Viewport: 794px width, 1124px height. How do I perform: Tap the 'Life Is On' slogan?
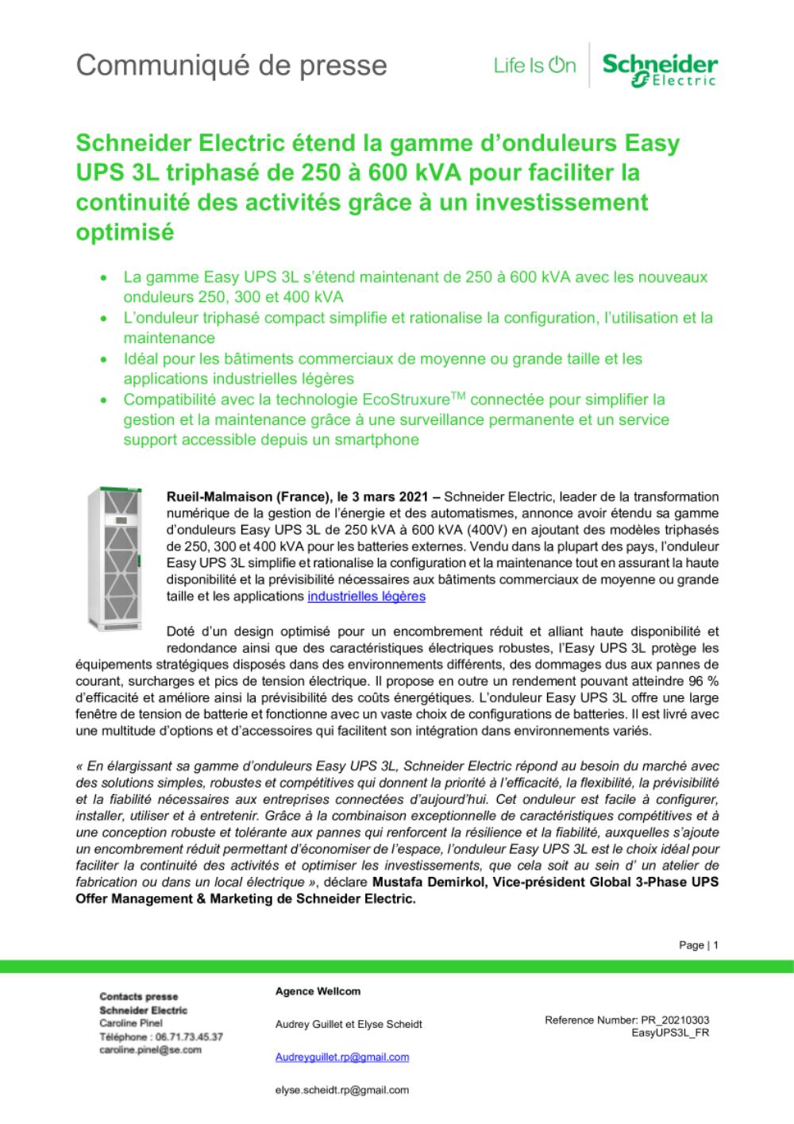[x=534, y=66]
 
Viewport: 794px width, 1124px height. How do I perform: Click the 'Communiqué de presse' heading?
[x=231, y=65]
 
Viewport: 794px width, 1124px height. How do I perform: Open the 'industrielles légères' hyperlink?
[x=366, y=596]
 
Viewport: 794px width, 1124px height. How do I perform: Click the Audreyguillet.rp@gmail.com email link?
[x=342, y=1056]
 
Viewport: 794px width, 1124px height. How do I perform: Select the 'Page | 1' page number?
[x=699, y=945]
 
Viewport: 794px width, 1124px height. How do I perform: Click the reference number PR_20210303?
[x=673, y=1020]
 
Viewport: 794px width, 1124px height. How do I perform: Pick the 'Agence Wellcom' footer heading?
[x=318, y=991]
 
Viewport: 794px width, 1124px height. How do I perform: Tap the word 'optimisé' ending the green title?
[x=124, y=234]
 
